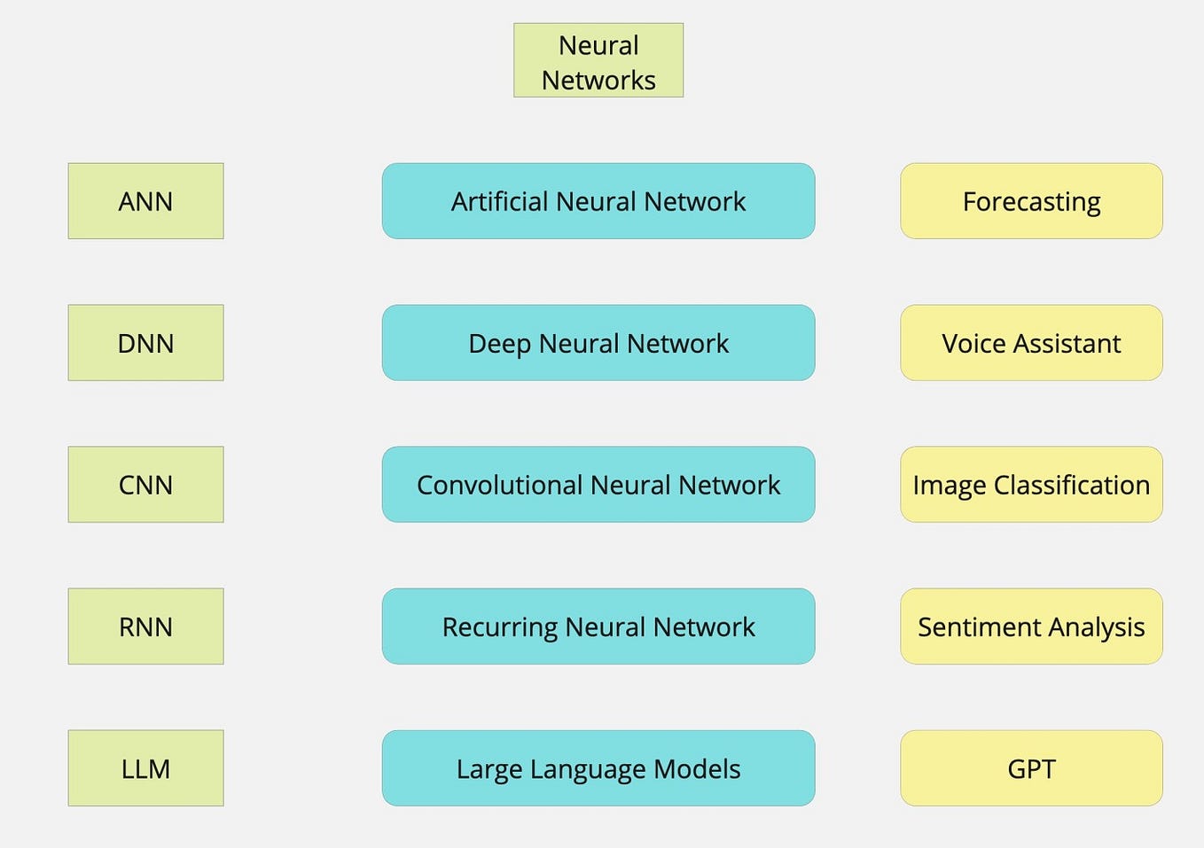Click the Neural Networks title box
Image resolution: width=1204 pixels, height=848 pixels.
tap(598, 60)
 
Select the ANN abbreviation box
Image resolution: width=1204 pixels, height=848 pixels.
tap(145, 201)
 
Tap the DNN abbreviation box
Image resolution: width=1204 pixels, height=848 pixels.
tap(145, 343)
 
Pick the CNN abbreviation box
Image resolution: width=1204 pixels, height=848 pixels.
tap(145, 485)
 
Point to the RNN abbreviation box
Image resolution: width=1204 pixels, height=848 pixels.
tap(145, 626)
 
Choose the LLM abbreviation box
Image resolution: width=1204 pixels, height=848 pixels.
tap(145, 768)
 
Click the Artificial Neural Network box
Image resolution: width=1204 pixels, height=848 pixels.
tap(598, 201)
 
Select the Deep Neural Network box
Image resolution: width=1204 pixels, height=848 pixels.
tap(598, 343)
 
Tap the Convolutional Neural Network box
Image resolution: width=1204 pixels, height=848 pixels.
tap(598, 485)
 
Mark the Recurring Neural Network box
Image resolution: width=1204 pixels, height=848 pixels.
tap(598, 626)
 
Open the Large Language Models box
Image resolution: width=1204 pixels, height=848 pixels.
tap(598, 768)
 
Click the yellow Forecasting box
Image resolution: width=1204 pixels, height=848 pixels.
tap(1031, 201)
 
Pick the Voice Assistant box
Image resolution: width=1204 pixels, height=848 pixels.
tap(1031, 343)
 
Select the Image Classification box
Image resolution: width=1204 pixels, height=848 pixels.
tap(1031, 485)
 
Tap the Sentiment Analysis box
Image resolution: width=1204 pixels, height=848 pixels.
tap(1031, 626)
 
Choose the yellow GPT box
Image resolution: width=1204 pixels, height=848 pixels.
tap(1031, 768)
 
